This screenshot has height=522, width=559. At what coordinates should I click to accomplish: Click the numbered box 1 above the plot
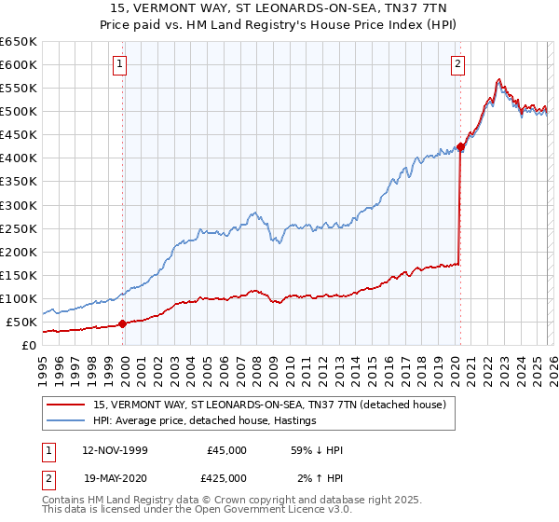coord(122,64)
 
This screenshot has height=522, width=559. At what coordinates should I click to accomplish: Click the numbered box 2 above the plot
coord(458,64)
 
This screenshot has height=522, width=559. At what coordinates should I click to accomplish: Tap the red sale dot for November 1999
coord(122,323)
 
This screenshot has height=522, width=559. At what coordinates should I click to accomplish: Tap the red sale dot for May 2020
coord(460,146)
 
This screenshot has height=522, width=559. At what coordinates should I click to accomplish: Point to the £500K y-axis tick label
coord(19,112)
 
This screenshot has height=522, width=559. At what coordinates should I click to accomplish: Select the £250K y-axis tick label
coord(19,228)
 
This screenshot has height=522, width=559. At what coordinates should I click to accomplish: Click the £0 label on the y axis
coord(30,345)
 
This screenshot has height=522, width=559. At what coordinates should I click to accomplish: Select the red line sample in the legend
coord(67,405)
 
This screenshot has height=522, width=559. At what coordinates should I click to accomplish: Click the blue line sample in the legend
coord(67,420)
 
